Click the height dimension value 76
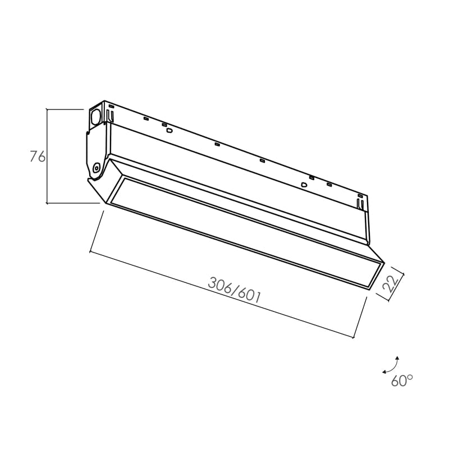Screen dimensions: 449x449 38,157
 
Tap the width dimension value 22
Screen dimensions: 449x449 391,283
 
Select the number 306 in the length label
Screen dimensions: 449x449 219,286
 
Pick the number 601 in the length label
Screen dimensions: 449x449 249,295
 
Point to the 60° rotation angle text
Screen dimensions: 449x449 402,380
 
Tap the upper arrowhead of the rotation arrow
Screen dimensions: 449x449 397,358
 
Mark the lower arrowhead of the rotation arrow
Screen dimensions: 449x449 384,372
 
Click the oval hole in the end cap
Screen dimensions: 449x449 95,117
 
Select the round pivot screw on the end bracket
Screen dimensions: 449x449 97,168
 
